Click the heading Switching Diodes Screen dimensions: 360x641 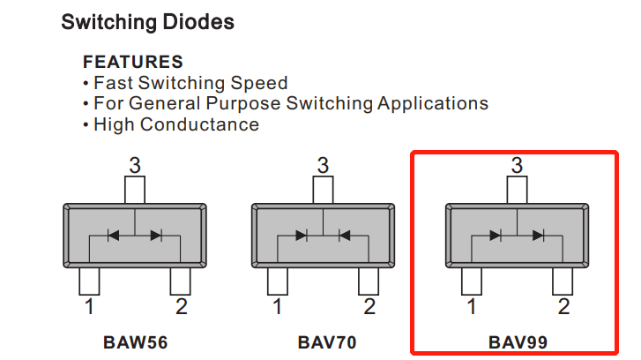[x=147, y=22]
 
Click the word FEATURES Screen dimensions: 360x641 [x=132, y=62]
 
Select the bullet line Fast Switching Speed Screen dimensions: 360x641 [x=190, y=83]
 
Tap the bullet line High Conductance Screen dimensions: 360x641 [x=176, y=124]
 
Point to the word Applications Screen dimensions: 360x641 [x=433, y=103]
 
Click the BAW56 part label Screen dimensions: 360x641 [x=135, y=341]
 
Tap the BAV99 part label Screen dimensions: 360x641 [x=517, y=341]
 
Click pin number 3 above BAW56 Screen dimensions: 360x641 [x=135, y=165]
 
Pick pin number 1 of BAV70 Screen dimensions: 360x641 [x=278, y=307]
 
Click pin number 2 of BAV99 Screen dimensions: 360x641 [x=563, y=307]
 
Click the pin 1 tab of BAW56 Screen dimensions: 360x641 [x=89, y=281]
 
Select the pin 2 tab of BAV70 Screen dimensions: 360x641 [x=369, y=281]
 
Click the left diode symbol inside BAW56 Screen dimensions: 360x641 [x=113, y=235]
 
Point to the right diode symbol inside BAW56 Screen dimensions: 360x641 [x=156, y=235]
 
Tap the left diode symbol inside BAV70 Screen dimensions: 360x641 [x=302, y=235]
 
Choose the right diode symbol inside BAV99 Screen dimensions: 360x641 [x=538, y=235]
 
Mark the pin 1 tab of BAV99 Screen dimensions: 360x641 [x=472, y=281]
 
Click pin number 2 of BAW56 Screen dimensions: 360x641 [x=181, y=307]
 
